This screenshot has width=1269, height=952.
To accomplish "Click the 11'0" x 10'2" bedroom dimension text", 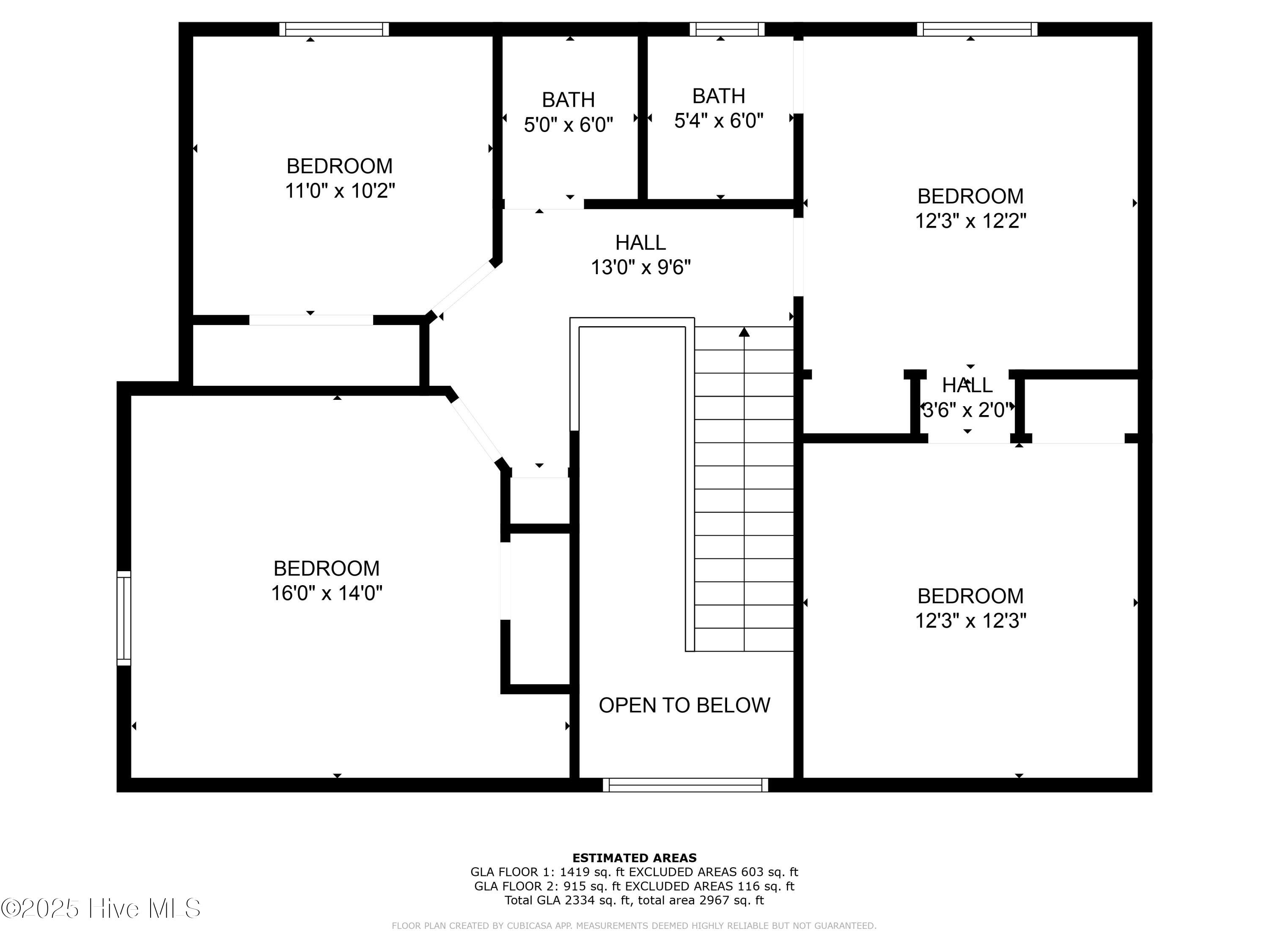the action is (x=340, y=190).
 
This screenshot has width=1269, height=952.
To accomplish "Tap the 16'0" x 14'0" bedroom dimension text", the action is (x=327, y=593).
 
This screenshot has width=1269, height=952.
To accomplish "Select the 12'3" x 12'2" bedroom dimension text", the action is (x=970, y=220).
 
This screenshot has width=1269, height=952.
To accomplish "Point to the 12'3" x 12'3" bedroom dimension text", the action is (x=970, y=620).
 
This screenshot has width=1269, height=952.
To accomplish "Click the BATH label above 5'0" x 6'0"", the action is (x=568, y=100).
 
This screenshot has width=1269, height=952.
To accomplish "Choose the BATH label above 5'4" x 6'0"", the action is (x=718, y=96).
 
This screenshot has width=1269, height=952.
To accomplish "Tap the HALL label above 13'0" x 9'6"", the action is (x=640, y=243).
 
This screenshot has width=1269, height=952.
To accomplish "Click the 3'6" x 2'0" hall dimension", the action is (x=967, y=410).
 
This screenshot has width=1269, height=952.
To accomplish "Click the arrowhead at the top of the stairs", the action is (x=744, y=332).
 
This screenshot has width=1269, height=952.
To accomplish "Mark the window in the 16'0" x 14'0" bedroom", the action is (x=124, y=618).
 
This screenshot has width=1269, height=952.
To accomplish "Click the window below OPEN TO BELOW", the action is (x=686, y=785).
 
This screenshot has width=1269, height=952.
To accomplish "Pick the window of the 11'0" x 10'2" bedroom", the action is (x=334, y=29).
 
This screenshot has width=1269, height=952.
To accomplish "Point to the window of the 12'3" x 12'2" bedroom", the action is (x=977, y=29).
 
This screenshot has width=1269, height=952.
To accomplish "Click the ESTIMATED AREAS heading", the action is (x=634, y=858).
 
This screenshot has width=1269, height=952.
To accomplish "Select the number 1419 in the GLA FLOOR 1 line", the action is (x=575, y=872).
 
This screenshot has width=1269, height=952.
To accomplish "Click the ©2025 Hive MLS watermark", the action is (x=101, y=908).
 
